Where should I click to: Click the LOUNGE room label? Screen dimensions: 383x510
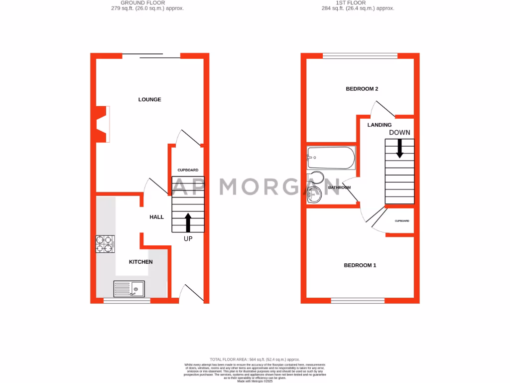click(149, 100)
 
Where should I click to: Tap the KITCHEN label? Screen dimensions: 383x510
click(141, 262)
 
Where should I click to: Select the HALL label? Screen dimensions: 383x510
click(157, 217)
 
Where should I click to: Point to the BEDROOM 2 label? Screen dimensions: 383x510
click(362, 89)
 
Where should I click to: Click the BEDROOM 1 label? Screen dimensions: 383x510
click(360, 265)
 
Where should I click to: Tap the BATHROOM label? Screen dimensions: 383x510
click(339, 188)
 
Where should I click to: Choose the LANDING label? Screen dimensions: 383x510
click(380, 125)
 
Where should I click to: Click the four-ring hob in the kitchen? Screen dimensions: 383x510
click(105, 244)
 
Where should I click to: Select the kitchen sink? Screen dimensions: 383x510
click(129, 289)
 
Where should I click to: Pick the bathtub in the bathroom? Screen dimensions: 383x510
click(331, 158)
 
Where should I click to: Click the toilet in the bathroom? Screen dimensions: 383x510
click(316, 178)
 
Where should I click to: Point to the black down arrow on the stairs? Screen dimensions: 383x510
click(399, 148)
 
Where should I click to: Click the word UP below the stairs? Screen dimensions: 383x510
click(188, 239)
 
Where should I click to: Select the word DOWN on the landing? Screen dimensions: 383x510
click(399, 133)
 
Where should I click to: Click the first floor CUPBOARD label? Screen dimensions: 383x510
click(402, 221)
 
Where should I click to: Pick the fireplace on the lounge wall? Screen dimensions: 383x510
click(101, 124)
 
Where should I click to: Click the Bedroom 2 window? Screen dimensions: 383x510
click(360, 56)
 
